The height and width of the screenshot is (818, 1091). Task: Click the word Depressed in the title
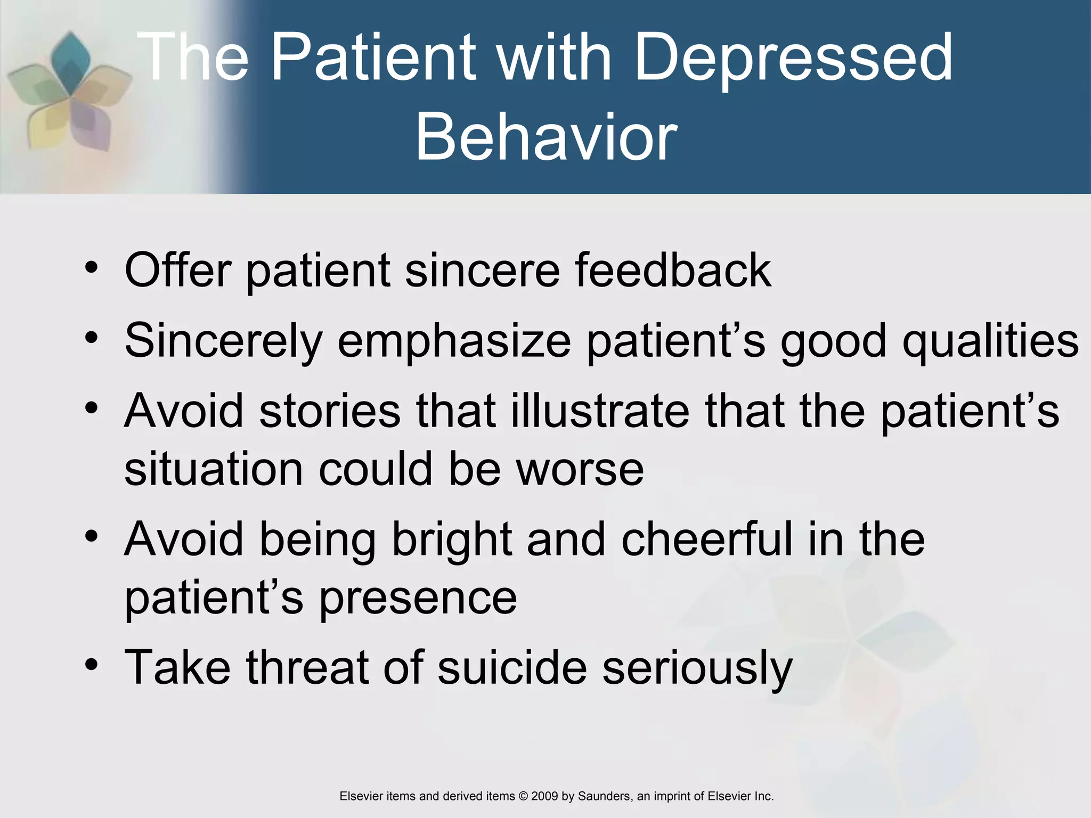pos(793,58)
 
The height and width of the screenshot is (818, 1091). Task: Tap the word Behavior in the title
pos(546,137)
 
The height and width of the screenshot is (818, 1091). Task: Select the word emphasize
pos(454,341)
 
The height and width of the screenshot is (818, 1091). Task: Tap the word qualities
pos(991,341)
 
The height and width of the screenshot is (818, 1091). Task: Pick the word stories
pos(330,411)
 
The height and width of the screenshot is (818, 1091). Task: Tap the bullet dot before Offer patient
pos(92,267)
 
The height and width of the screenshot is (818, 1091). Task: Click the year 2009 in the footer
pos(544,796)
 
